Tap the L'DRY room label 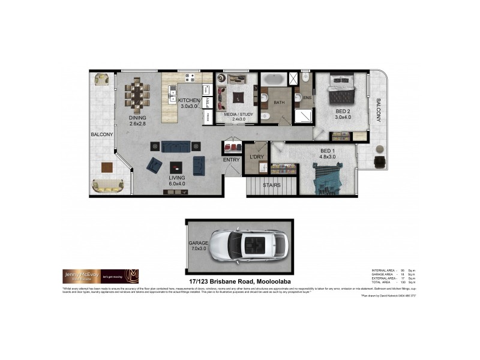pyautogui.click(x=257, y=157)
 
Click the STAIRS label pyautogui.click(x=272, y=185)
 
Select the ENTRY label pyautogui.click(x=231, y=160)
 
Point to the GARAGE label pyautogui.click(x=198, y=226)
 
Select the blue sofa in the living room pyautogui.click(x=176, y=146)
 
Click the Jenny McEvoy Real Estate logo pyautogui.click(x=101, y=276)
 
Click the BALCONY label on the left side pyautogui.click(x=102, y=134)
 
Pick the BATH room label pyautogui.click(x=279, y=103)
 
